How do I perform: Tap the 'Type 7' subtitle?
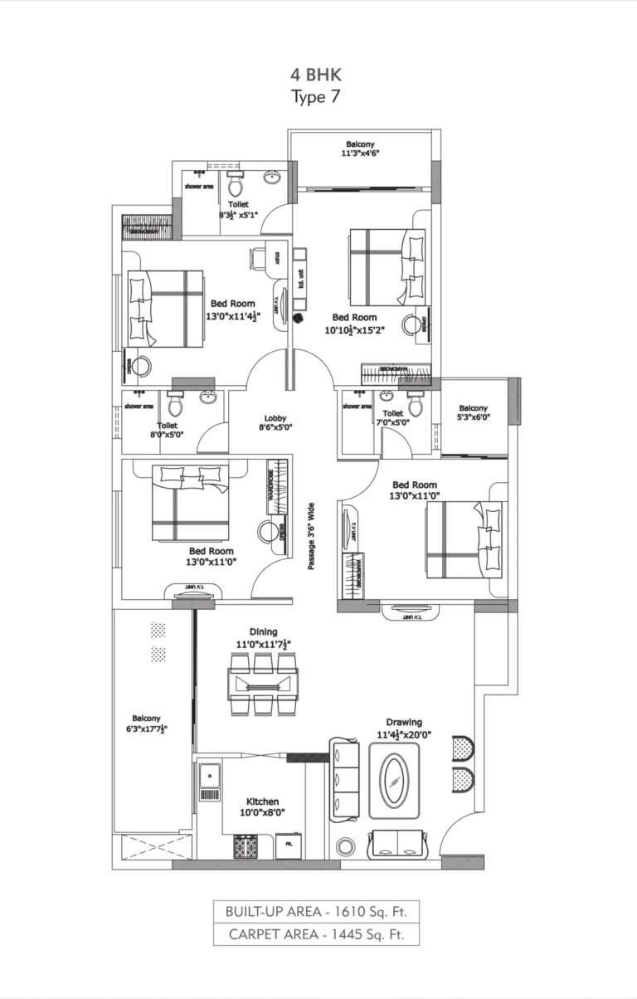click(315, 96)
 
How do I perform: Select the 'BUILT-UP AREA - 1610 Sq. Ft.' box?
click(315, 911)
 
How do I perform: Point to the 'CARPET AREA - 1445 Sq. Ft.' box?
click(315, 934)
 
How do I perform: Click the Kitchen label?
click(262, 802)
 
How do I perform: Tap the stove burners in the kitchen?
click(246, 845)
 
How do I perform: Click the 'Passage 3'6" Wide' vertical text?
click(312, 535)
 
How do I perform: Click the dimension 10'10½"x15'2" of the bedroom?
click(354, 329)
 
